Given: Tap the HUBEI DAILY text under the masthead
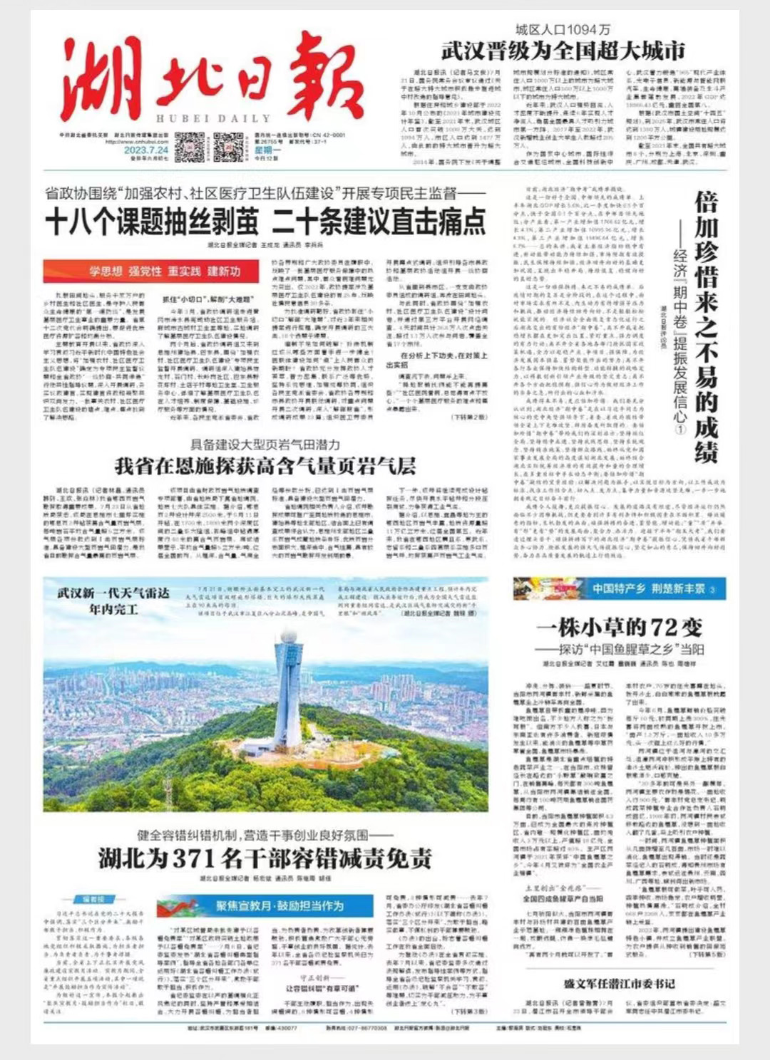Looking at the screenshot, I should click(x=213, y=119).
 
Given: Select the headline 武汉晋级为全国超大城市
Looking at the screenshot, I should click(x=563, y=51).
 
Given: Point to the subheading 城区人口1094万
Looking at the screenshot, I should click(x=563, y=30).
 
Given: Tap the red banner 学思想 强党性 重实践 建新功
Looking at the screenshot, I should click(x=164, y=271).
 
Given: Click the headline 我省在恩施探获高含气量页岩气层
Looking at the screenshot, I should click(x=265, y=467).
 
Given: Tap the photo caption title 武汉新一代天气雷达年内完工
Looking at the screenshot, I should click(x=114, y=601).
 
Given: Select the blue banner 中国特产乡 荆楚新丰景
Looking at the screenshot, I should click(x=619, y=589).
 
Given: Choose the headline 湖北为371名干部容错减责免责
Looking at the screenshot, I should click(x=265, y=858).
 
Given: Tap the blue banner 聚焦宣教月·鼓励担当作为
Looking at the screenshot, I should click(x=279, y=906).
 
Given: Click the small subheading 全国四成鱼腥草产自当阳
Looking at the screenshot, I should click(x=563, y=898).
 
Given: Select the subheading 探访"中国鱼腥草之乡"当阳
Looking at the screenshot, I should click(x=620, y=649).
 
